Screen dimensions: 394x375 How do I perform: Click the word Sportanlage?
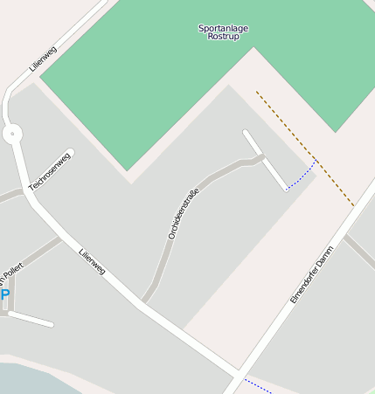223,28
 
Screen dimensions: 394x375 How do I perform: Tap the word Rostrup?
223,37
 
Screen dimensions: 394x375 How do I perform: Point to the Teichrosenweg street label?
49,170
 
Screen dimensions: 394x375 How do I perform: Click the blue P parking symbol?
5,295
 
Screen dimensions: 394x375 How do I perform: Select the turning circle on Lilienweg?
12,134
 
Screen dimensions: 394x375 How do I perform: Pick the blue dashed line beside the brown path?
302,178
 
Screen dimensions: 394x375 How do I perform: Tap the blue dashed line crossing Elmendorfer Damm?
259,385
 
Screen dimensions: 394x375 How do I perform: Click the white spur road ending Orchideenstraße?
264,159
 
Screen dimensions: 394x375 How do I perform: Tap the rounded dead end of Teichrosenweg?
70,153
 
